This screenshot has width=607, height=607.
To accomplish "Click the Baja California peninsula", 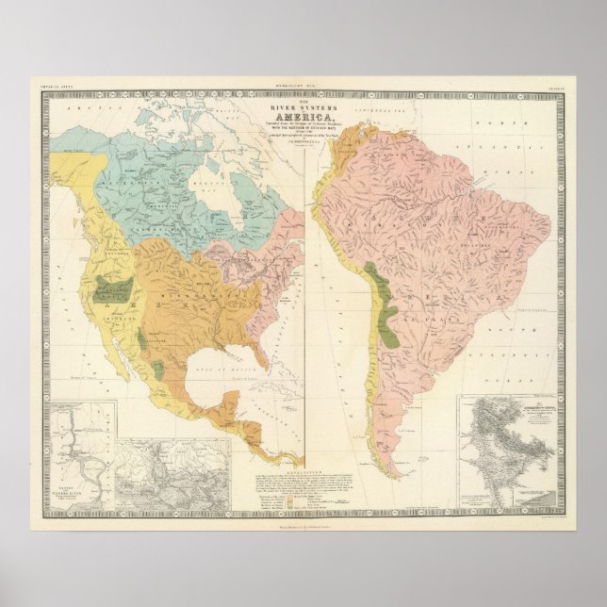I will (x=110, y=347).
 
